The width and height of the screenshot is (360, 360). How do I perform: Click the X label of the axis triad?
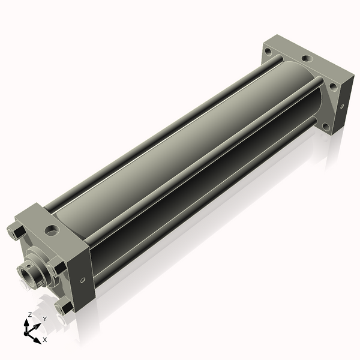pyautogui.click(x=45, y=340)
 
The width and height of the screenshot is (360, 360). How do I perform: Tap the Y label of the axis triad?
pyautogui.click(x=45, y=319)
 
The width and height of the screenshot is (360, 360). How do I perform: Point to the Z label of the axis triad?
pyautogui.click(x=29, y=314)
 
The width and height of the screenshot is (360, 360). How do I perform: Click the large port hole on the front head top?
pyautogui.click(x=52, y=230)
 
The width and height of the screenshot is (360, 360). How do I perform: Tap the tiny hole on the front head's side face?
pyautogui.click(x=83, y=280)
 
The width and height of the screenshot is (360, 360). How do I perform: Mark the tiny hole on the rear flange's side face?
pyautogui.click(x=342, y=106)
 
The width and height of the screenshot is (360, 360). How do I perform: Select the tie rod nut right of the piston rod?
pyautogui.click(x=58, y=266)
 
